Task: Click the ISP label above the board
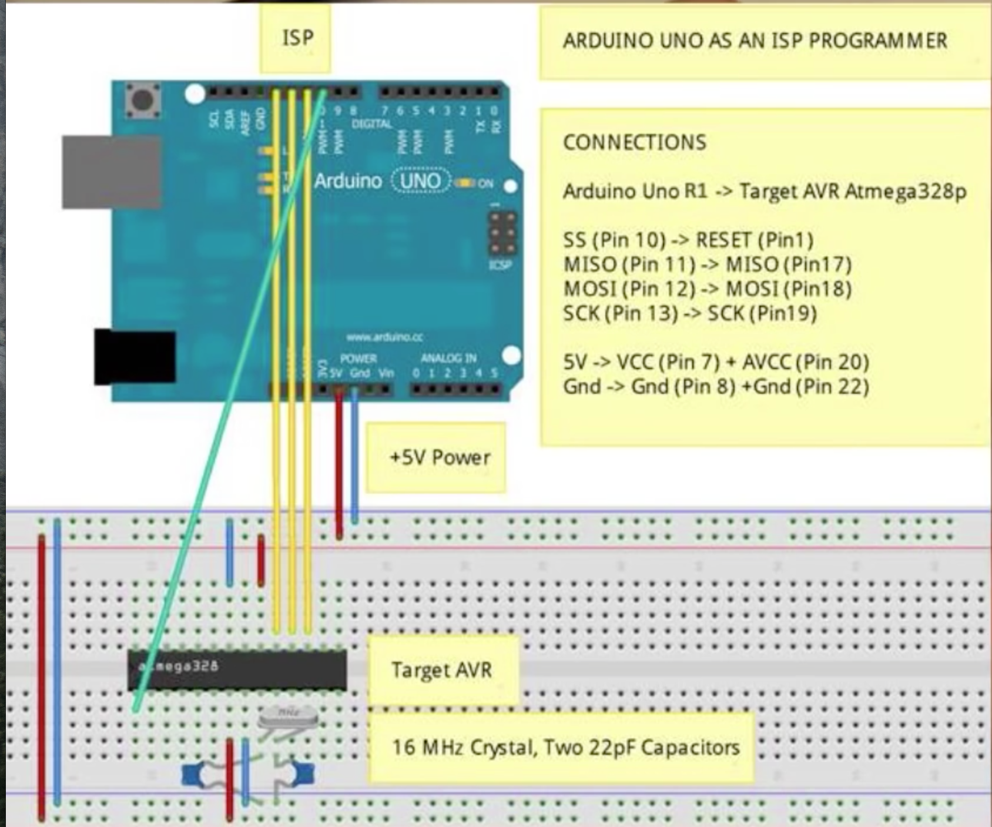click(x=297, y=38)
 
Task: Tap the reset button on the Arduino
click(x=143, y=101)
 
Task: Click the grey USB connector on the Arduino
click(x=112, y=172)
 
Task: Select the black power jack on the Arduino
click(x=135, y=357)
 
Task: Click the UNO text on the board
click(x=420, y=180)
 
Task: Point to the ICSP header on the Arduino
click(x=502, y=234)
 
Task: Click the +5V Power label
click(x=439, y=458)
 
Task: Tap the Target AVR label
click(x=441, y=670)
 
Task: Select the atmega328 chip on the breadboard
click(x=237, y=669)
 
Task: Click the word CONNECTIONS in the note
click(x=635, y=142)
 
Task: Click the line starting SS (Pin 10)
click(x=688, y=240)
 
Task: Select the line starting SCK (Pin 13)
click(x=689, y=313)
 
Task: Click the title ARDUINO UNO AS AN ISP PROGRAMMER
click(x=755, y=41)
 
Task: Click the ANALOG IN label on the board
click(x=448, y=358)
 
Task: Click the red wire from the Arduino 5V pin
click(x=339, y=464)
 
